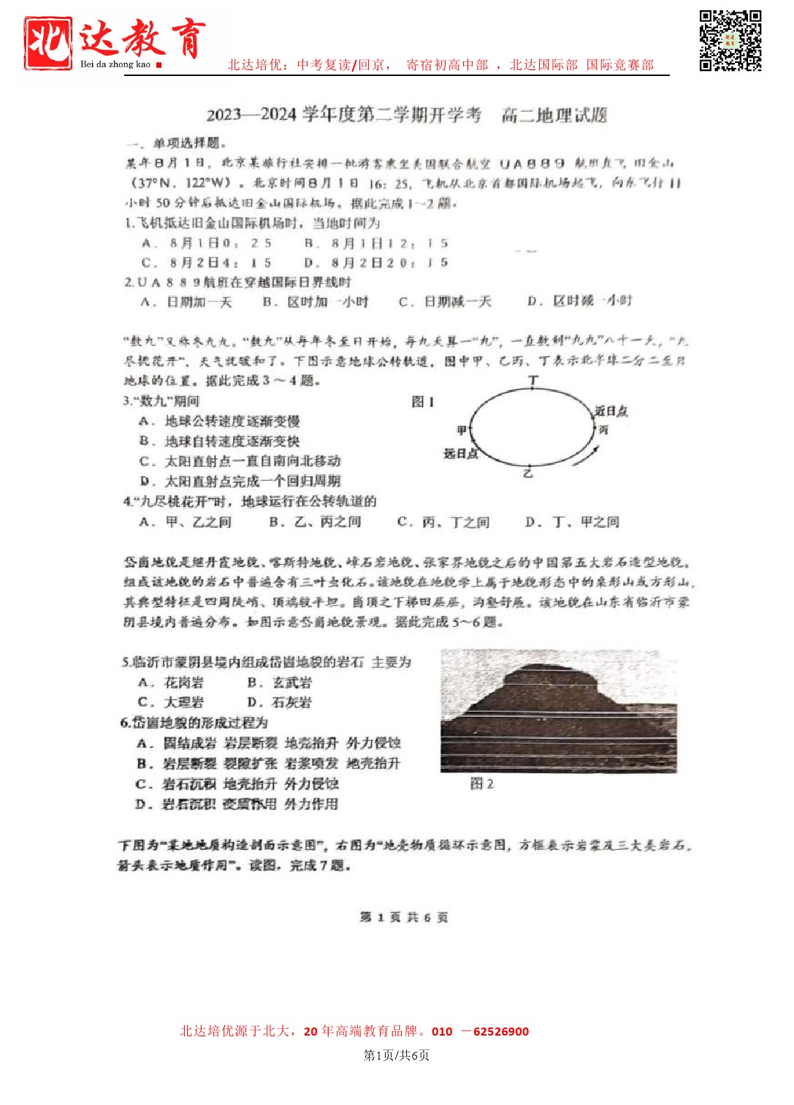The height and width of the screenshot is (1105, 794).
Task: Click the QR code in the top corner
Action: pos(730,40)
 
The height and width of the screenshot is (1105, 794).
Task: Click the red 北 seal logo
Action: pos(47,43)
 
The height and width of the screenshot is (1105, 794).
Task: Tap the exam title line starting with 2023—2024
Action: pos(406,115)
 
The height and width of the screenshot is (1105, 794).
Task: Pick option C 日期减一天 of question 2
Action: pos(445,302)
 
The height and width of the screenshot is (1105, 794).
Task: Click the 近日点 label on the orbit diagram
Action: pos(611,411)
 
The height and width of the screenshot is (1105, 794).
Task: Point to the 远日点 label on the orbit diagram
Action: pos(460,454)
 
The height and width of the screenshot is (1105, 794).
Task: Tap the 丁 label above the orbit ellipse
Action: pos(533,380)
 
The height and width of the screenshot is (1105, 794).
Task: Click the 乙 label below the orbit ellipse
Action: pos(527,474)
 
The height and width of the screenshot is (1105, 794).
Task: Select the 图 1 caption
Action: pos(423,401)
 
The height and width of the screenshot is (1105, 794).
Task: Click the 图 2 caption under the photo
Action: pos(481,784)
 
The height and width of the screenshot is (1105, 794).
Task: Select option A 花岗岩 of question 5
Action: pos(171,683)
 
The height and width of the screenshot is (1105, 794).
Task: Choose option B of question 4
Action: pos(315,522)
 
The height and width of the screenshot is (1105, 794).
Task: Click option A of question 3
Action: pos(219,421)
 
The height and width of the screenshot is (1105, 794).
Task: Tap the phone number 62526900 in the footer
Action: pos(500,1032)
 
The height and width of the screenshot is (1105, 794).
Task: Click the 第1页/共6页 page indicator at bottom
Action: pos(397,1055)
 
